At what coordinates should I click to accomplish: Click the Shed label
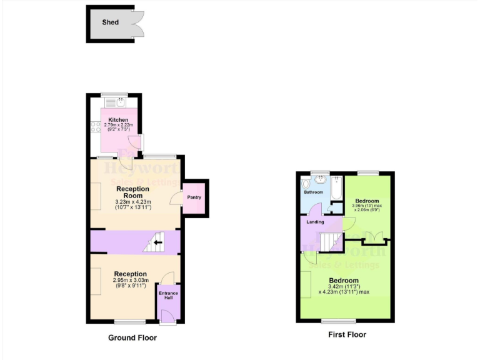pos(110,22)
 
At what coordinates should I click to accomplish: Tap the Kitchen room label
pos(118,119)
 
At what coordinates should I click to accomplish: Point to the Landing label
pos(315,221)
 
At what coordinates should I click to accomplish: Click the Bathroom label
pos(314,192)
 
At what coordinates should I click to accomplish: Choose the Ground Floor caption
pos(132,337)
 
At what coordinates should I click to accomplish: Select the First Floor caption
pos(347,334)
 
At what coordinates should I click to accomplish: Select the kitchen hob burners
pos(96,128)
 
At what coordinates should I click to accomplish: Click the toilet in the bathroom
pos(304,184)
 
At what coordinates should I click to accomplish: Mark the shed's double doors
pos(137,24)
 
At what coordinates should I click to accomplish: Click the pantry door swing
pos(176,197)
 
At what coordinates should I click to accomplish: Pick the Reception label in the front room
pos(130,274)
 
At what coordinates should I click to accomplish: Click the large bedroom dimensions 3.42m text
pos(343,286)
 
